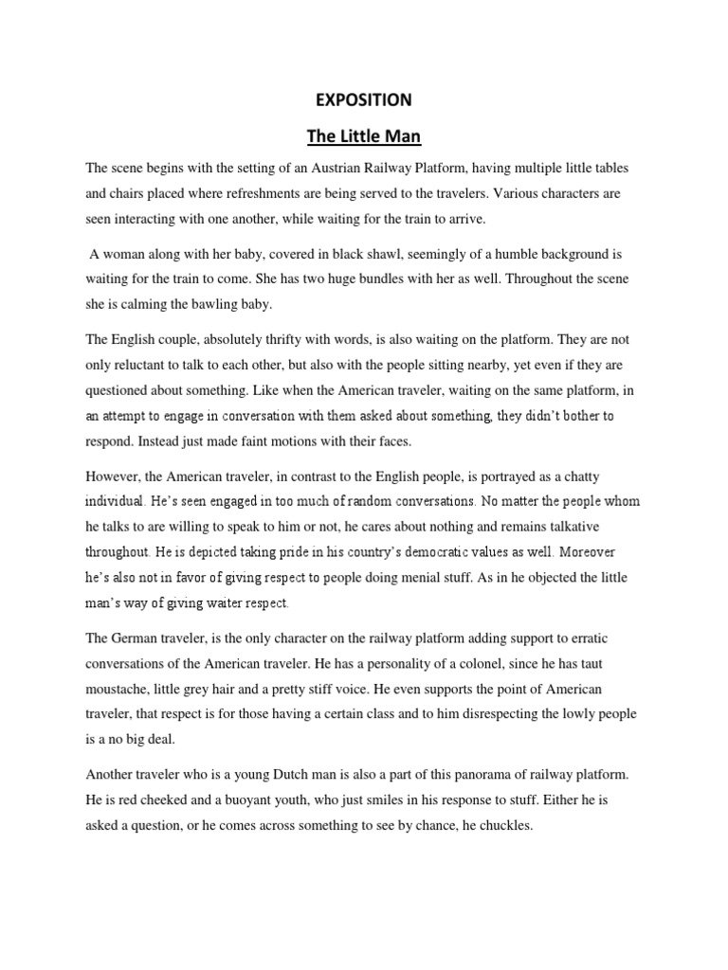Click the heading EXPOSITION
pyautogui.click(x=364, y=99)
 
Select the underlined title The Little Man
pyautogui.click(x=363, y=136)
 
